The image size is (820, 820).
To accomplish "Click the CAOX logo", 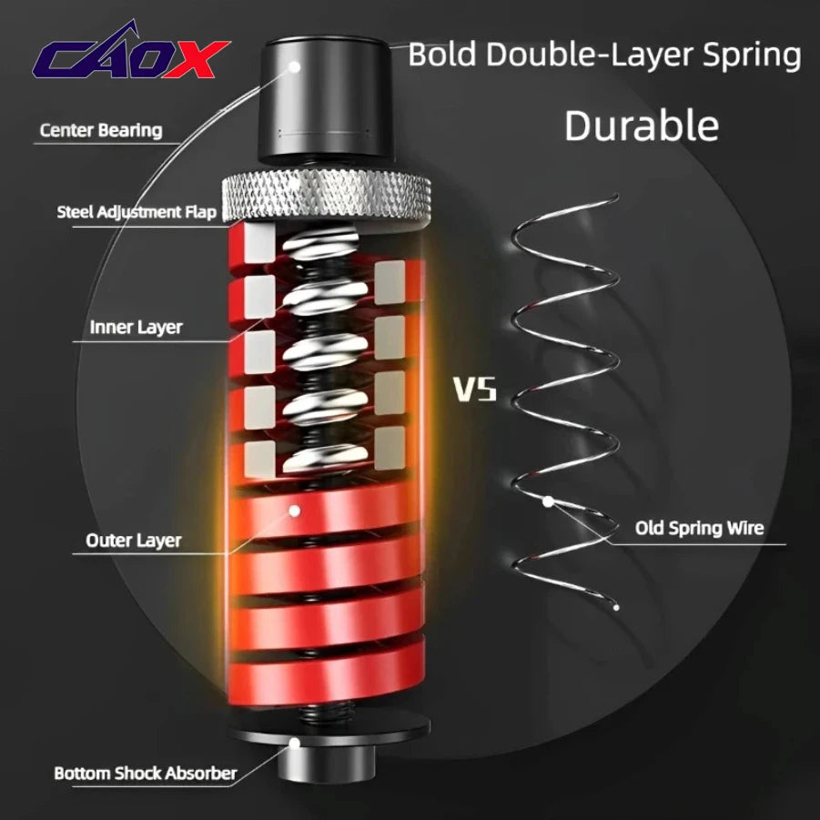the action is click(x=131, y=52).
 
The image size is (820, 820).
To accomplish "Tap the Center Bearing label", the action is click(x=101, y=130).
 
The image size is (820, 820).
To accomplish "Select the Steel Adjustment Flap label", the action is click(x=137, y=212).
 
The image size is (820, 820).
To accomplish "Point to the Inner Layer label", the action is click(x=136, y=328).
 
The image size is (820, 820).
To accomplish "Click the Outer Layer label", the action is click(x=134, y=541).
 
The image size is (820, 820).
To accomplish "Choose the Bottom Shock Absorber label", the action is click(x=146, y=773).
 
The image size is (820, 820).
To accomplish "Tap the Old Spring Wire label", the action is click(x=699, y=528).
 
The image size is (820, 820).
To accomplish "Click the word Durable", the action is click(x=642, y=126).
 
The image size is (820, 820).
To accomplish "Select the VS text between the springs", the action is click(x=474, y=390).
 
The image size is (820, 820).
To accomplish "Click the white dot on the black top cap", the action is click(x=295, y=67).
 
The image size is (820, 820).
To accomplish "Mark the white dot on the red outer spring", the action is click(x=295, y=511).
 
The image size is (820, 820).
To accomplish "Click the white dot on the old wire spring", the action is click(x=548, y=501).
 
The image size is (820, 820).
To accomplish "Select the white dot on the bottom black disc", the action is click(x=295, y=743).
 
